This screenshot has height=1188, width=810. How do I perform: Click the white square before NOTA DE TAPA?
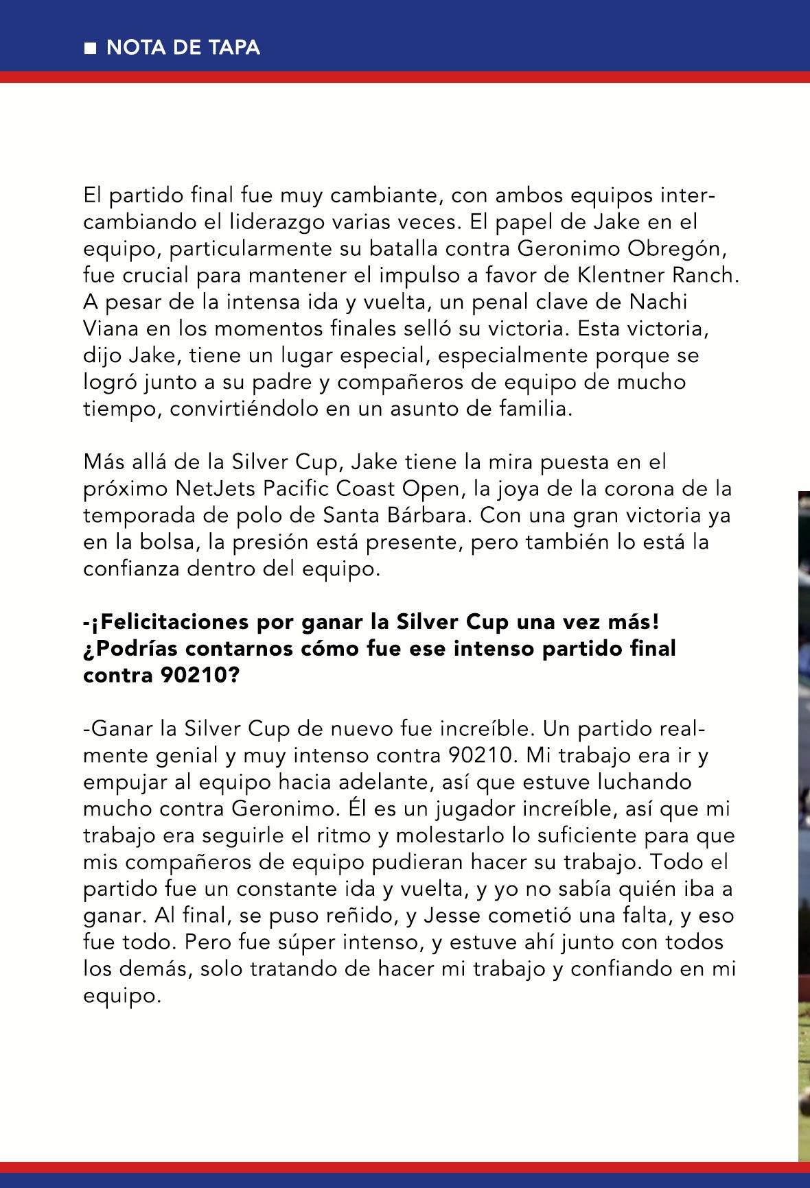tap(90, 49)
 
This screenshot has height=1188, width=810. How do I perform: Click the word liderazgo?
tap(256, 222)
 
